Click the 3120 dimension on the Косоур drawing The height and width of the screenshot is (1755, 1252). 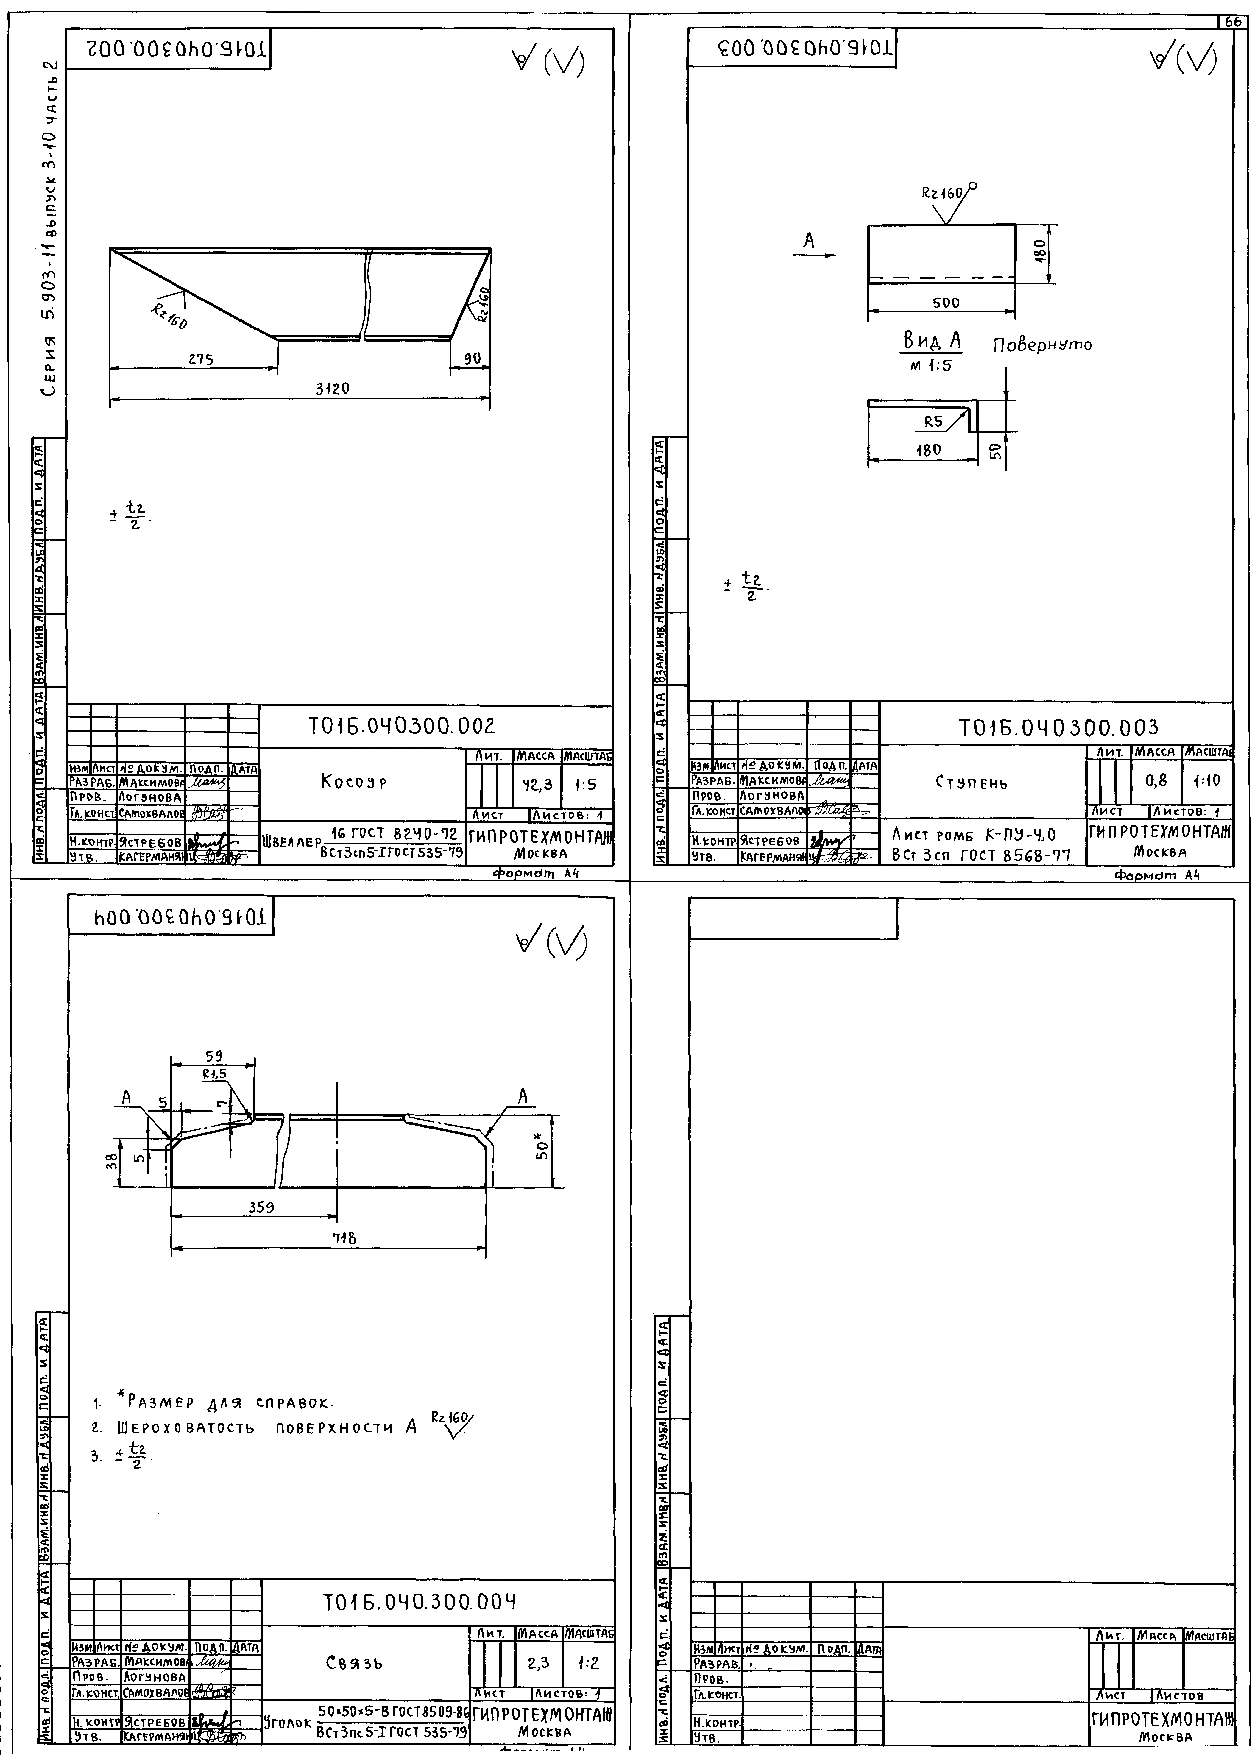click(x=332, y=389)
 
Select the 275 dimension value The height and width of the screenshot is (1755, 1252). click(x=200, y=359)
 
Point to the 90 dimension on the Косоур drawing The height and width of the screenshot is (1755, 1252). click(x=472, y=358)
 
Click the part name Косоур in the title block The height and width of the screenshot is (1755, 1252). click(x=354, y=782)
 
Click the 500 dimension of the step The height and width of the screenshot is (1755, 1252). click(x=946, y=303)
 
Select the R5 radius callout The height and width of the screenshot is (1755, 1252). click(x=934, y=422)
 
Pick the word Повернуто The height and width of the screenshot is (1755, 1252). click(x=1041, y=345)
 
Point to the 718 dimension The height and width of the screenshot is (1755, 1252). click(x=344, y=1238)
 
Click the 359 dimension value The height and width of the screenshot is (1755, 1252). click(x=261, y=1207)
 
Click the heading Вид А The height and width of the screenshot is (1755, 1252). click(x=932, y=340)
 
